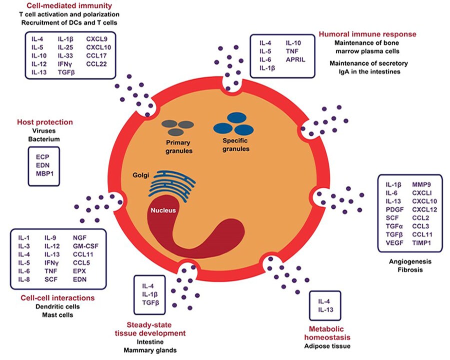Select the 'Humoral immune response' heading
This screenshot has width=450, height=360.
pos(367,34)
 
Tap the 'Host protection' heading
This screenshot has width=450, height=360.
pos(45,122)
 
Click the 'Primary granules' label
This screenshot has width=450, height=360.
pos(178,145)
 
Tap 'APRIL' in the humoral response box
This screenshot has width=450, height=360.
pos(296,60)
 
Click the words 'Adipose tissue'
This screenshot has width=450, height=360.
pos(328,346)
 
